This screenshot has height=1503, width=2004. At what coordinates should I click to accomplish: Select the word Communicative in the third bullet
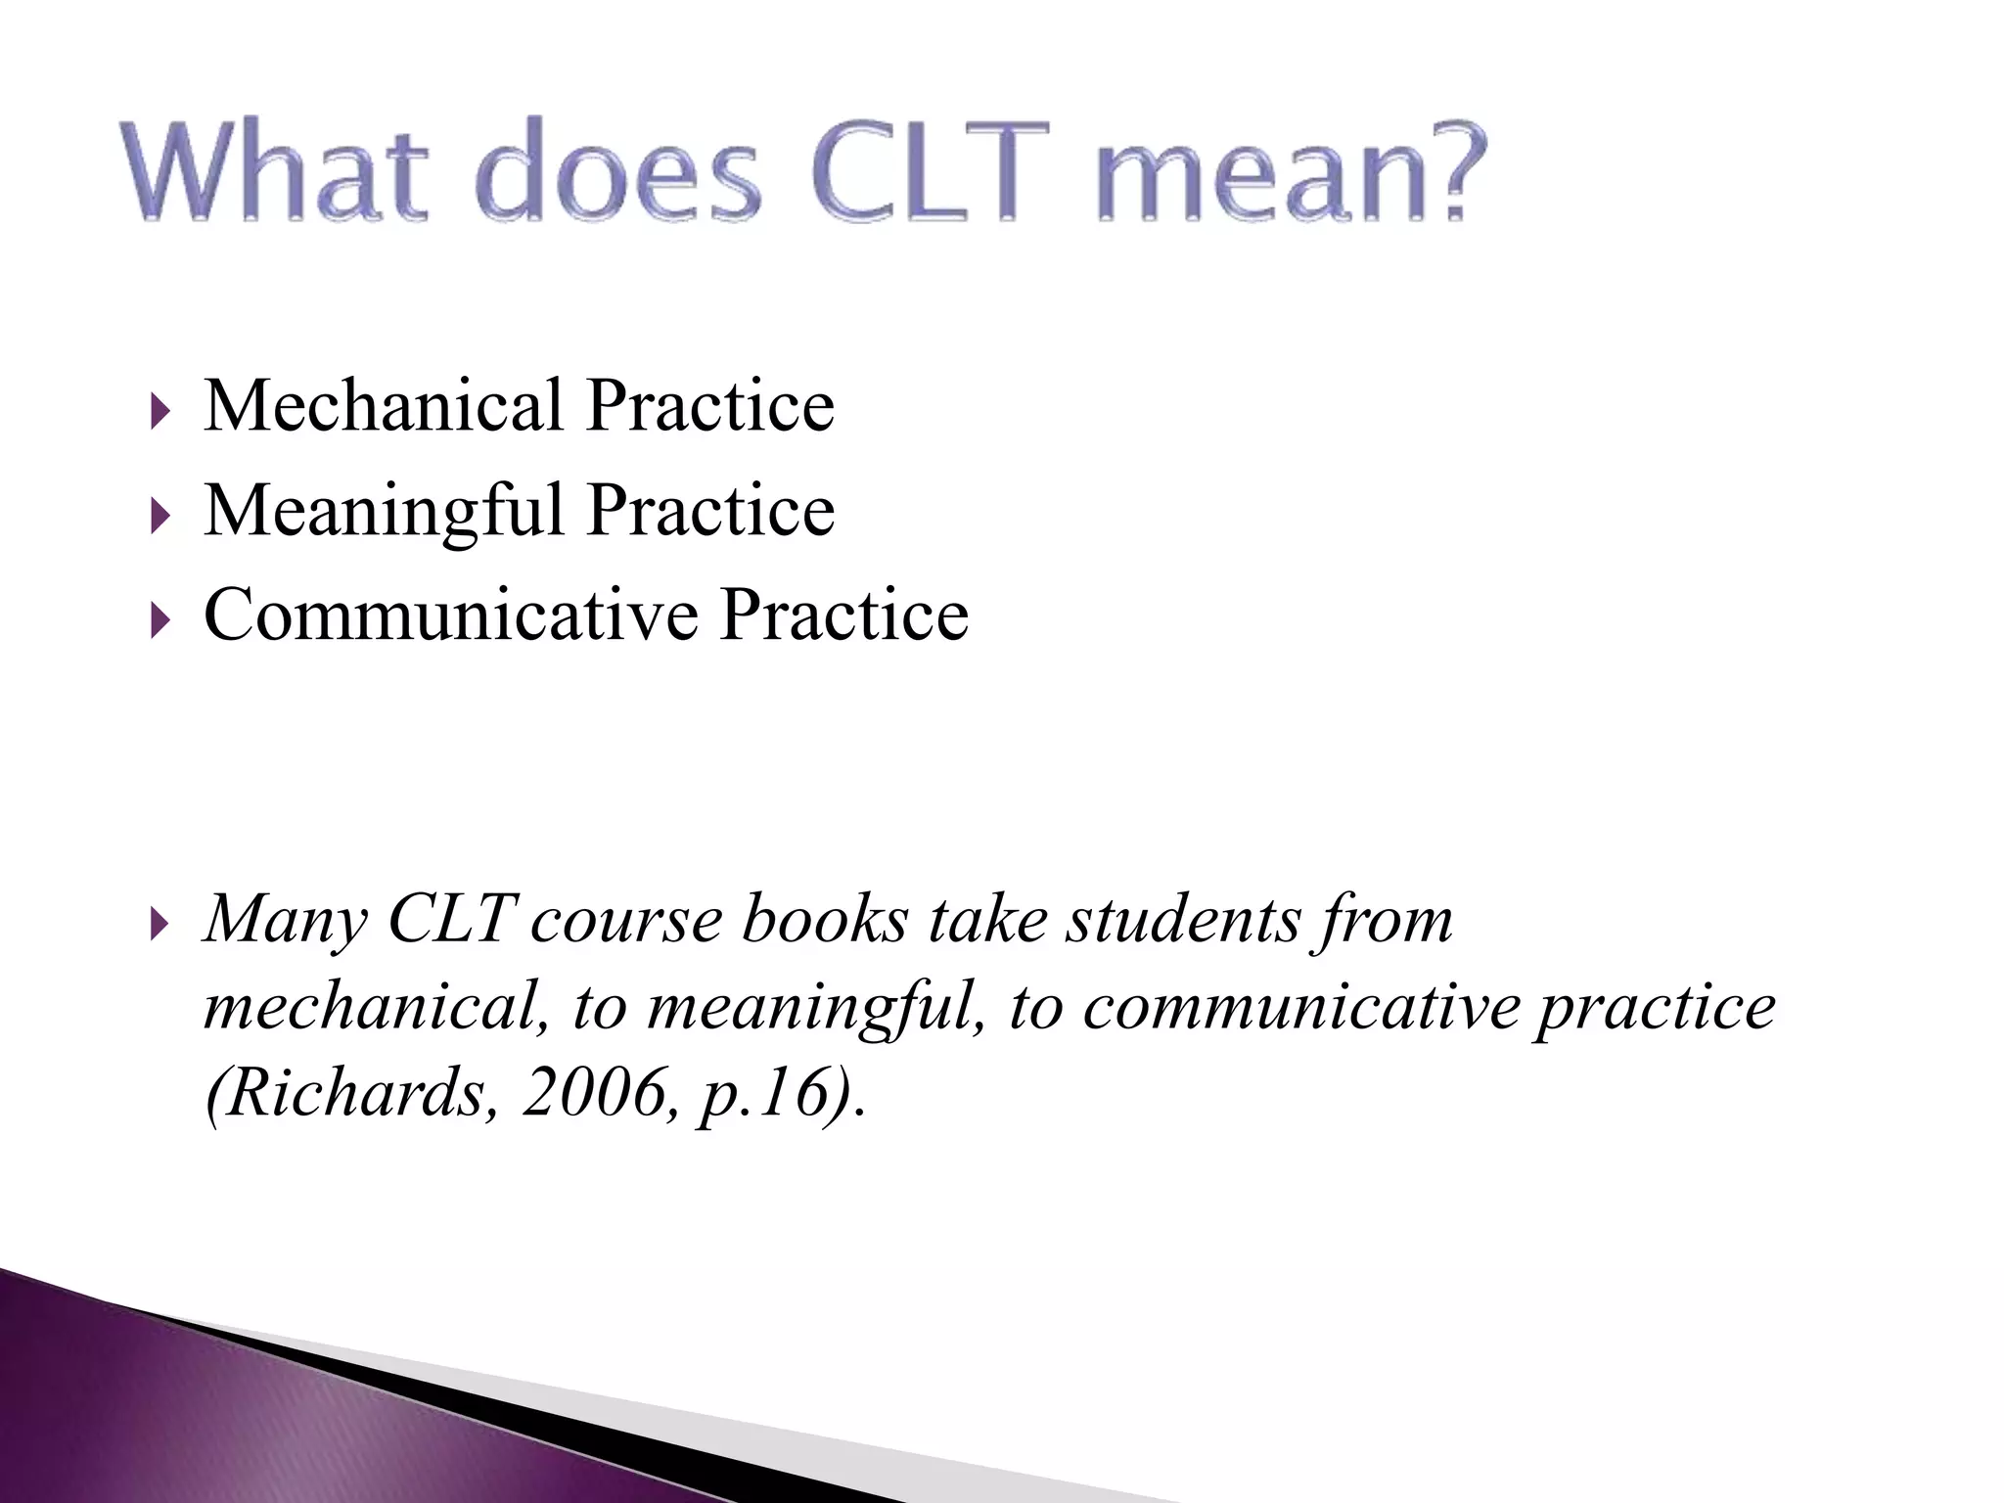tap(450, 615)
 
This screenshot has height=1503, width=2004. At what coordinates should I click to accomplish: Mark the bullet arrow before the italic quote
tap(160, 925)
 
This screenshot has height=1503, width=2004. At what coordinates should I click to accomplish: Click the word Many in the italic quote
tap(285, 922)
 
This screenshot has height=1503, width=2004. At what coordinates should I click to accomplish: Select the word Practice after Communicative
tap(844, 615)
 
